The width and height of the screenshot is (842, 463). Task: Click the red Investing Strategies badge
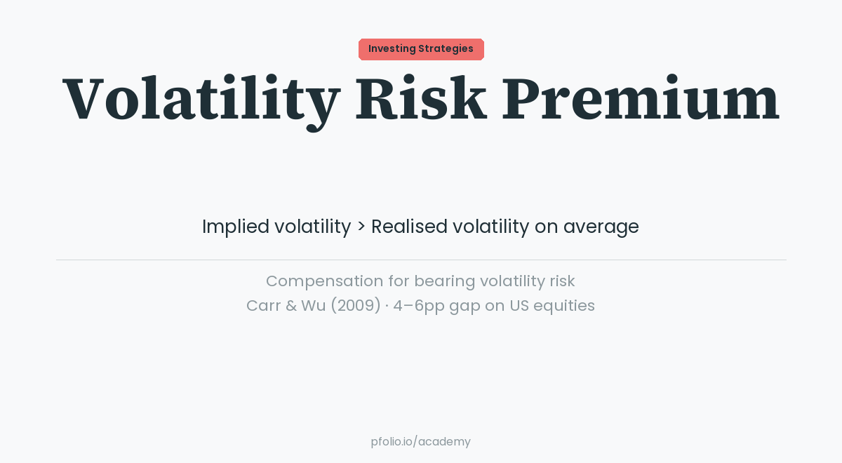421,49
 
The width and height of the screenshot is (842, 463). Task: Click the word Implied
235,227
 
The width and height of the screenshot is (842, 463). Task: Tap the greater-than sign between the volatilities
361,227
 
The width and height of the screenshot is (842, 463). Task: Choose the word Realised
409,227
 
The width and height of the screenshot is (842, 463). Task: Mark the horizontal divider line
421,260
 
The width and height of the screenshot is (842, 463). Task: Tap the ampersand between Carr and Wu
290,306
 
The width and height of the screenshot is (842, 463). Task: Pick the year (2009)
354,306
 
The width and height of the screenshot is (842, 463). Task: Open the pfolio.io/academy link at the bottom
421,442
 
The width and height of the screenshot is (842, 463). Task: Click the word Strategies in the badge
446,49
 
